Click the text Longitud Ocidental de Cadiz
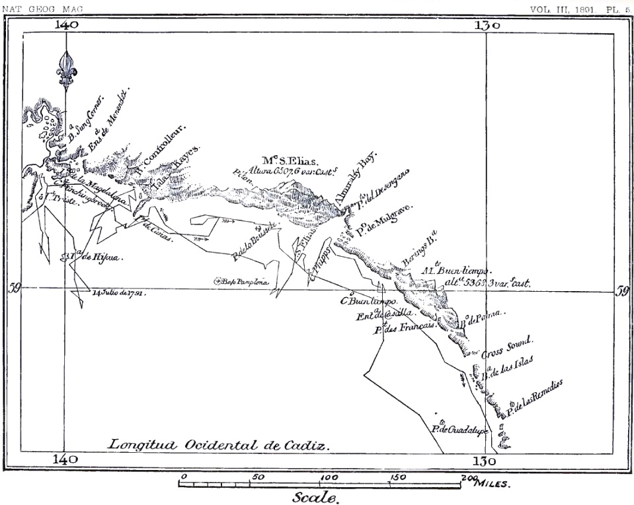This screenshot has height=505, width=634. pyautogui.click(x=218, y=444)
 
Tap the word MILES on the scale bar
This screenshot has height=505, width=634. pyautogui.click(x=491, y=484)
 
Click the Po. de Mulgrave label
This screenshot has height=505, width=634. pyautogui.click(x=383, y=220)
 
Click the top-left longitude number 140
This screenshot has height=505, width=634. pyautogui.click(x=67, y=25)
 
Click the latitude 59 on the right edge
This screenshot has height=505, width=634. pyautogui.click(x=622, y=291)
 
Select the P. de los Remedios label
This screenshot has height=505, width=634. pyautogui.click(x=534, y=398)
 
